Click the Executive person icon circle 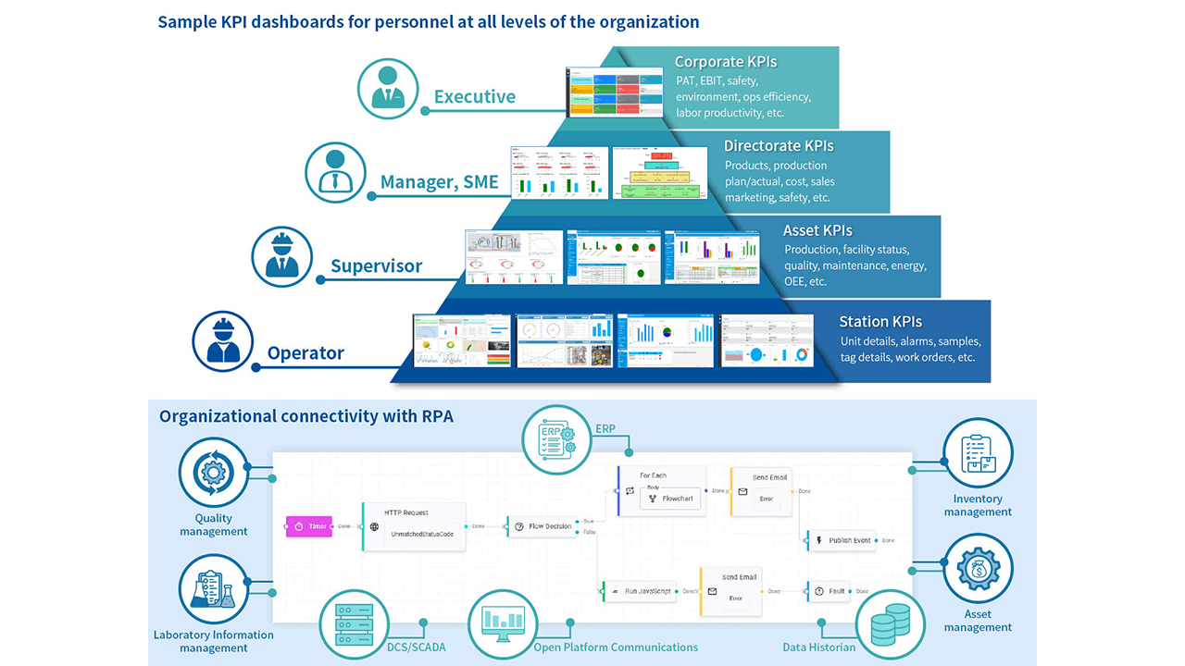pyautogui.click(x=389, y=88)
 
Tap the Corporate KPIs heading pyautogui.click(x=725, y=62)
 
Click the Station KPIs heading pyautogui.click(x=879, y=322)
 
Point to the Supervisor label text pyautogui.click(x=376, y=266)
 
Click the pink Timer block pyautogui.click(x=308, y=526)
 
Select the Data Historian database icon pyautogui.click(x=889, y=623)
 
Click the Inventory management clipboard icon pyautogui.click(x=978, y=454)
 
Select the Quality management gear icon pyautogui.click(x=214, y=472)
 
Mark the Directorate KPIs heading pyautogui.click(x=778, y=146)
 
